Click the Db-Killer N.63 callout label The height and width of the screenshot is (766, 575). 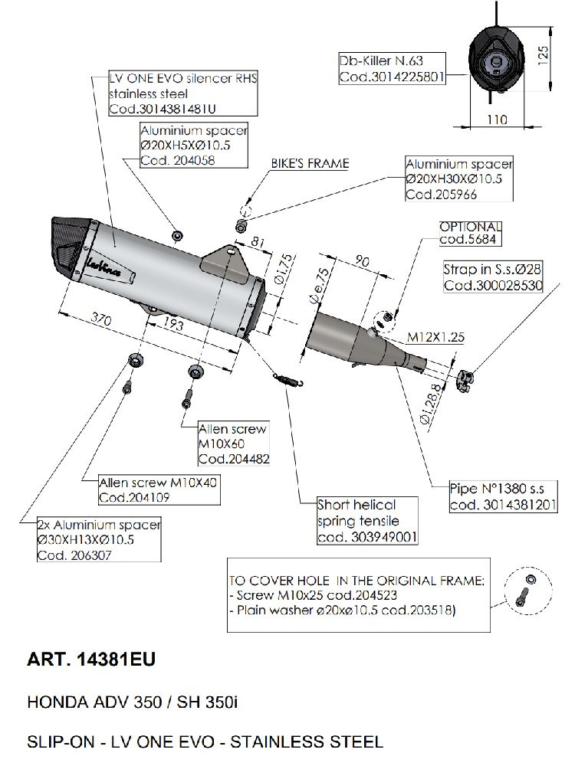[x=391, y=68]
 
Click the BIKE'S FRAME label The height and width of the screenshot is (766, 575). [x=310, y=163]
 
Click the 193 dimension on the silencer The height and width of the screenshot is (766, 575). [x=175, y=326]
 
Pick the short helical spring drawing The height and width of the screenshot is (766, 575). [x=287, y=378]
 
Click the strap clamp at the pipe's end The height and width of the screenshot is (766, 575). [x=465, y=375]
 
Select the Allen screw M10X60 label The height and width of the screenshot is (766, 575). [x=233, y=444]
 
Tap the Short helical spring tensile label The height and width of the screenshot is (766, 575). [x=368, y=521]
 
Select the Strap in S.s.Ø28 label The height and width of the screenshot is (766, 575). [x=493, y=278]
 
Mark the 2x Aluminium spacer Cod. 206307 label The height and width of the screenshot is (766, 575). [x=99, y=540]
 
